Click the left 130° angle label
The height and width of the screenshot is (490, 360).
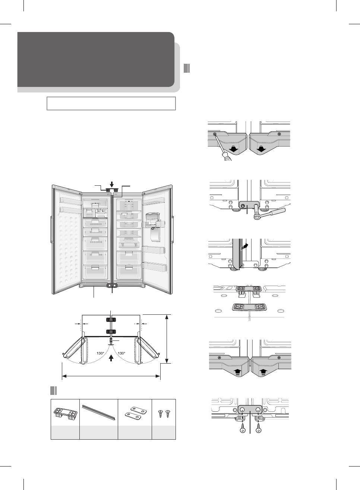[100, 352]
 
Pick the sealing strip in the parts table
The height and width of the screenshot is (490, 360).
[98, 411]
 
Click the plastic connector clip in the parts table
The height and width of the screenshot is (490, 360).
[65, 412]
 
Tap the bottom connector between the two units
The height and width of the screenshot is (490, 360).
[111, 286]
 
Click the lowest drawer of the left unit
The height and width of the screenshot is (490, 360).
[94, 271]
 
